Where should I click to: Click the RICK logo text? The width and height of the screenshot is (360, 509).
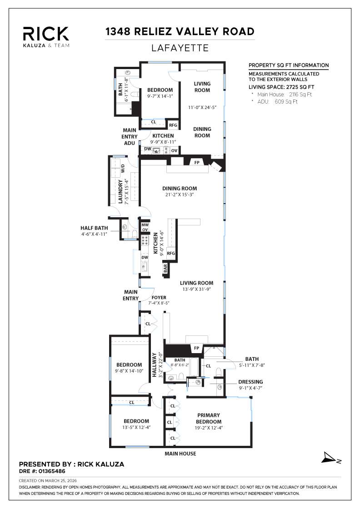tap(46, 33)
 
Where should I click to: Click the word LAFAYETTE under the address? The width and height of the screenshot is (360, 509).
tap(180, 48)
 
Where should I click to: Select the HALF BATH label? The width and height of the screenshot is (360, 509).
tap(93, 228)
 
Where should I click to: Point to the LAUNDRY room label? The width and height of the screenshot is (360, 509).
tap(115, 191)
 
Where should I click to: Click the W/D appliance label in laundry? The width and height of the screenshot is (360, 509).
tap(123, 169)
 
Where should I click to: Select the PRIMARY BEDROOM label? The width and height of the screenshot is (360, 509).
tap(209, 418)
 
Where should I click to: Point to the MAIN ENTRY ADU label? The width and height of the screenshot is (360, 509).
tap(130, 136)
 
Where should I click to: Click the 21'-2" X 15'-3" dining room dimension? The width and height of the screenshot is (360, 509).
tap(180, 195)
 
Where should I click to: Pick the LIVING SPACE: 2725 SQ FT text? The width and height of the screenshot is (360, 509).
tap(281, 87)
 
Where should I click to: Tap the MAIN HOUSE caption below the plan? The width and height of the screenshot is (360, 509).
tap(180, 454)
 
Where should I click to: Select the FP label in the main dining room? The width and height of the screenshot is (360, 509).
tap(197, 162)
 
